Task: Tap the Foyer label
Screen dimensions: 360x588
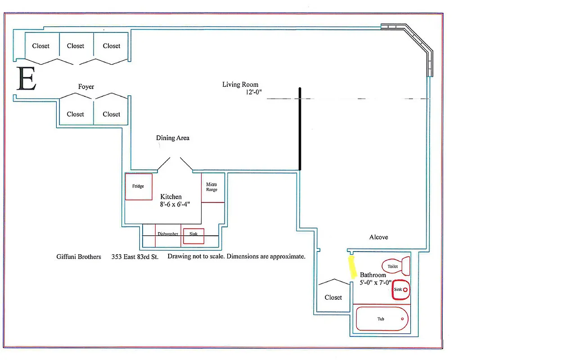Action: pos(86,86)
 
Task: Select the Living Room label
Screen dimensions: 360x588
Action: pos(240,84)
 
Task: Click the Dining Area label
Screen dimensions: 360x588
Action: pos(173,138)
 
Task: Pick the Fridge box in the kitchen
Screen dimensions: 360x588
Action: pos(139,186)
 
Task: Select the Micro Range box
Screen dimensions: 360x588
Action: pos(212,187)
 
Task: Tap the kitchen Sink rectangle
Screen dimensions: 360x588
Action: pos(193,236)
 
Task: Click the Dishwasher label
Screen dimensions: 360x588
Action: pos(168,234)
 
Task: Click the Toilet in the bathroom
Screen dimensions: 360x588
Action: pos(395,266)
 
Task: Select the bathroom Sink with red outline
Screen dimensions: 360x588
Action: pos(400,290)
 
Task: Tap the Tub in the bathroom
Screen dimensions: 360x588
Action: pos(382,319)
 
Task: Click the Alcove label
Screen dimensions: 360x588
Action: pos(378,237)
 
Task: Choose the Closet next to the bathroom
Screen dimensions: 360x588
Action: pos(333,297)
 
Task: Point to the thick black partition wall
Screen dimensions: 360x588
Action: pos(300,128)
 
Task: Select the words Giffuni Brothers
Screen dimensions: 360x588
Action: pos(79,256)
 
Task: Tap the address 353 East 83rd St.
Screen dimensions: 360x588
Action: pos(135,256)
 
